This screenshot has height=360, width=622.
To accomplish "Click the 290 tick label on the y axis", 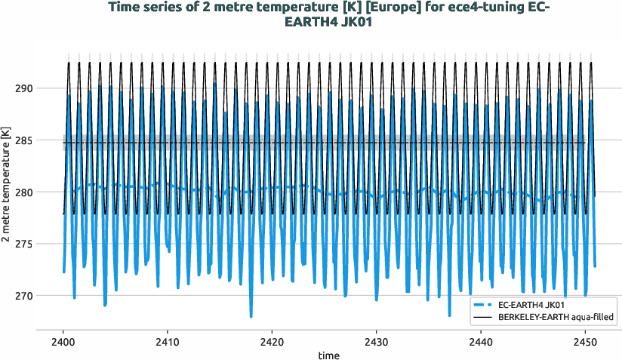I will (x=23, y=88).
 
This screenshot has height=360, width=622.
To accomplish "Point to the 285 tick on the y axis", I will (x=23, y=140).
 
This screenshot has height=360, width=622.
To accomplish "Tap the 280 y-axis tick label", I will (x=23, y=192).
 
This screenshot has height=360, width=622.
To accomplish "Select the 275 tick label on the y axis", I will (x=23, y=244).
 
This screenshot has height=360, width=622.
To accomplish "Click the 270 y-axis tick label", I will (x=23, y=296).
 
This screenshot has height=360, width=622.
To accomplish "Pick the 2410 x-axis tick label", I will (x=168, y=342).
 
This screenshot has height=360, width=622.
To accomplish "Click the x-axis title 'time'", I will (x=328, y=355).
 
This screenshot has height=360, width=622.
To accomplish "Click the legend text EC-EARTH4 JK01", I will (x=531, y=304).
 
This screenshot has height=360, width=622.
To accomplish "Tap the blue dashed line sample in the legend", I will (x=482, y=304).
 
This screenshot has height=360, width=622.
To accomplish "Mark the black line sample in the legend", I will (x=482, y=318).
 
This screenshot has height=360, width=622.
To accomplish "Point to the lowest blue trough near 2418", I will (x=251, y=316).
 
